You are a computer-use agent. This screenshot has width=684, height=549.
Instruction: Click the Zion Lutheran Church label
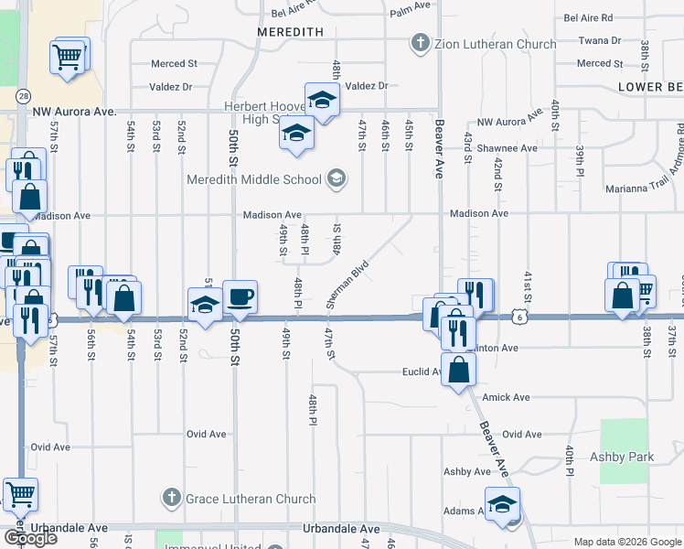tap(495, 44)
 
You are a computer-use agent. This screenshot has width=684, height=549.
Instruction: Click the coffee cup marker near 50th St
tap(240, 297)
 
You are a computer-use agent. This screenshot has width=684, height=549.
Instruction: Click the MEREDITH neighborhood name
tap(291, 31)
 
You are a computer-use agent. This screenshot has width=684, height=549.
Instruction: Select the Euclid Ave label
tap(422, 372)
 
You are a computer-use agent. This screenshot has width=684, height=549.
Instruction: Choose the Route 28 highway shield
tap(22, 95)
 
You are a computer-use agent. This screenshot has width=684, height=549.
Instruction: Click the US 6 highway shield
tap(519, 317)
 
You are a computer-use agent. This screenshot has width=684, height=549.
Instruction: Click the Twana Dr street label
tap(599, 40)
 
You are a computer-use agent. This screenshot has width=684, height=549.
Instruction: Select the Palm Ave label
tap(410, 5)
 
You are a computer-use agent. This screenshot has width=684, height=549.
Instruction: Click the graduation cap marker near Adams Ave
tap(502, 504)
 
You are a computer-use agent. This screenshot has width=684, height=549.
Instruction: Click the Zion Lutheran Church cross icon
tap(420, 43)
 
